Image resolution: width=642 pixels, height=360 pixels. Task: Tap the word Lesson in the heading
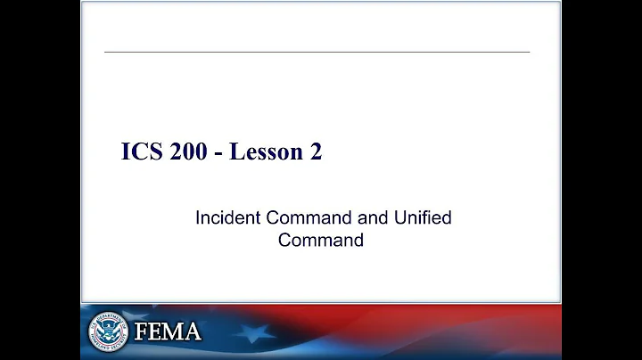point(264,152)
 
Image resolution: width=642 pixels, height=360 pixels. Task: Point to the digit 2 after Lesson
point(316,152)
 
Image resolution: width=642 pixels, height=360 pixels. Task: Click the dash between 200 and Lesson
point(218,153)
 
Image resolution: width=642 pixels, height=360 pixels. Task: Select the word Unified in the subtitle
point(425,218)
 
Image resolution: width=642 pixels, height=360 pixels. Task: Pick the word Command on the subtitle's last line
point(320,240)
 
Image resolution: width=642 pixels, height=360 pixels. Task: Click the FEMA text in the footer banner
point(168,332)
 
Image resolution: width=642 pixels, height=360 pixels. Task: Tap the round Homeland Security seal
point(108,331)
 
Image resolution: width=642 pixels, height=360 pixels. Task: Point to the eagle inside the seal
point(108,331)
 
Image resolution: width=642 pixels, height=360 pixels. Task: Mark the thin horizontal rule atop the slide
point(317,52)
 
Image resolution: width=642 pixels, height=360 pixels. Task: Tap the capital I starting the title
point(125,152)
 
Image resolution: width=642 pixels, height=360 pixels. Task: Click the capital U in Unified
point(404,218)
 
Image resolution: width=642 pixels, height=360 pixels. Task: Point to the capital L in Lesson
point(235,152)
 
